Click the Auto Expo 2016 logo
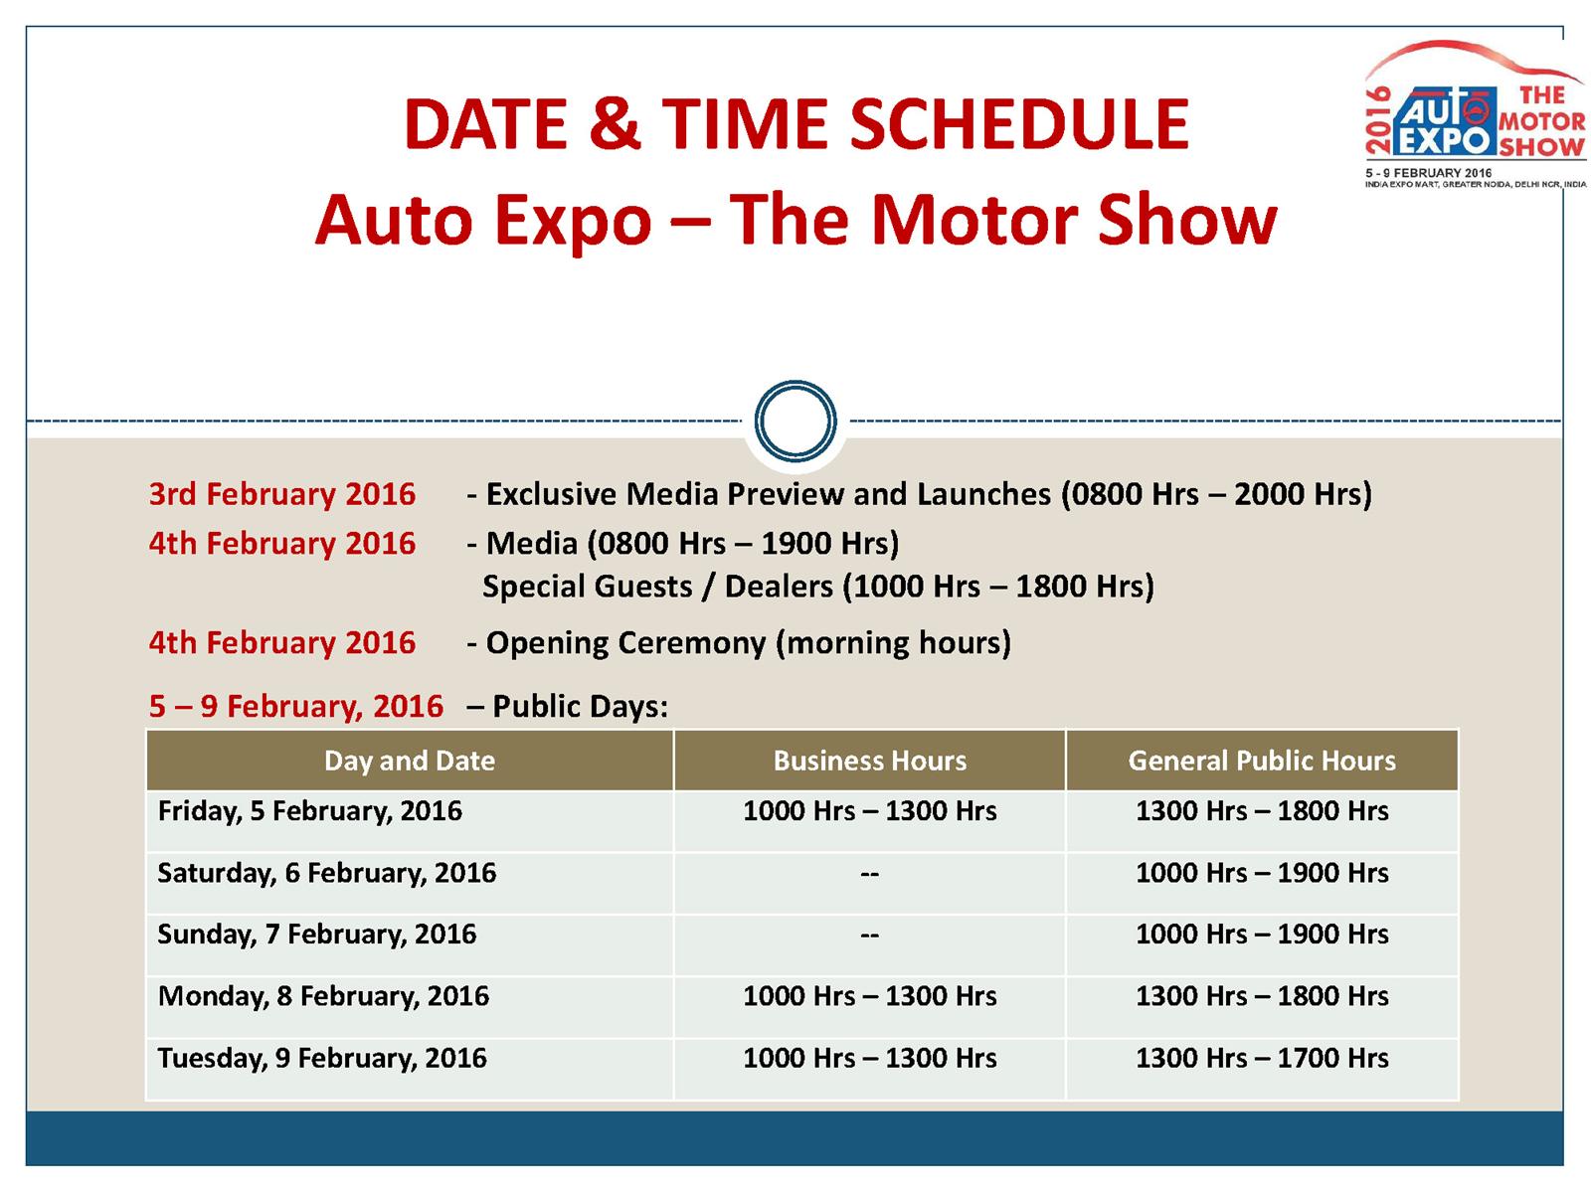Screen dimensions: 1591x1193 1475,113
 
